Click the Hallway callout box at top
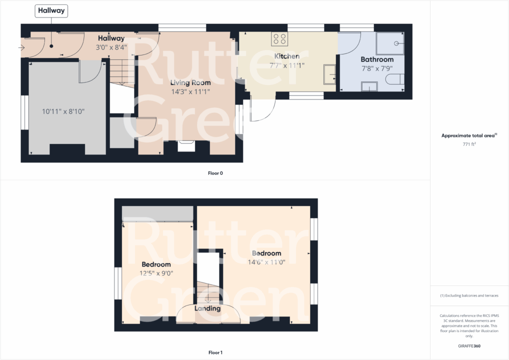pyautogui.click(x=51, y=10)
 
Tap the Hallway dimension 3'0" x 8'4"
pyautogui.click(x=111, y=47)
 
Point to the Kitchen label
pyautogui.click(x=287, y=56)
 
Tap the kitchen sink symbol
pyautogui.click(x=329, y=73)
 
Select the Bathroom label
pyautogui.click(x=377, y=59)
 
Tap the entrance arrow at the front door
pyautogui.click(x=21, y=48)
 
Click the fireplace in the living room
pyautogui.click(x=186, y=145)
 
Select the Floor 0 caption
pyautogui.click(x=215, y=173)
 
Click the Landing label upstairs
pyautogui.click(x=207, y=308)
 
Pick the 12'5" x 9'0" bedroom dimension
pyautogui.click(x=156, y=273)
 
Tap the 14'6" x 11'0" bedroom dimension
pyautogui.click(x=266, y=262)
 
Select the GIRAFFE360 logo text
pyautogui.click(x=469, y=345)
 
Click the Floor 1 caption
pyautogui.click(x=215, y=352)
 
